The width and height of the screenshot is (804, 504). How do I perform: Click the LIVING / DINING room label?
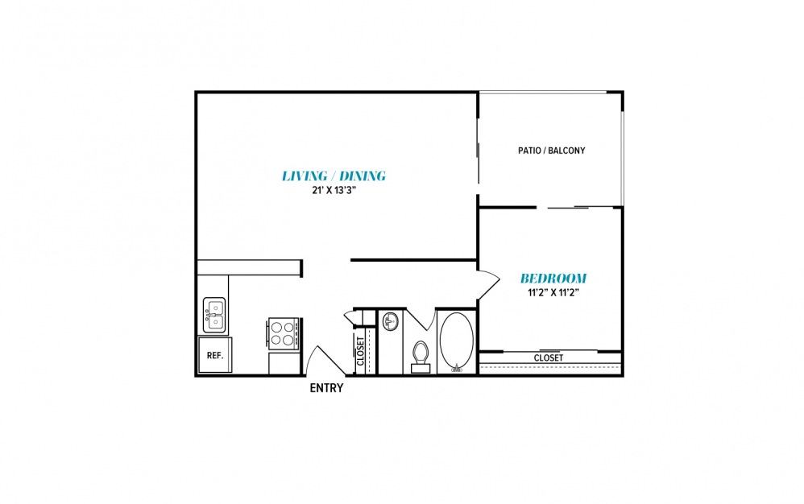(334, 176)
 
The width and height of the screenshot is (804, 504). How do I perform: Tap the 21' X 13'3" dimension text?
(334, 191)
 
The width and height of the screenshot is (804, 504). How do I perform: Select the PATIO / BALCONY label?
(551, 151)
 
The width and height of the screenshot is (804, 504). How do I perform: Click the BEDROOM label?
(553, 279)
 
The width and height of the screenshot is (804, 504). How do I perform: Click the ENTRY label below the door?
(326, 388)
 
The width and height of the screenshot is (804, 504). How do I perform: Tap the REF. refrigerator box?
(215, 355)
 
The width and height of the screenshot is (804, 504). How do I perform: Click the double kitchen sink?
(214, 315)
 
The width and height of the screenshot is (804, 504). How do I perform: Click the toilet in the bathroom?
(421, 357)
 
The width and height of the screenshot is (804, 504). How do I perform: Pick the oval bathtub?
(456, 341)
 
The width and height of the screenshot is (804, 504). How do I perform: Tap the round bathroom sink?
(392, 322)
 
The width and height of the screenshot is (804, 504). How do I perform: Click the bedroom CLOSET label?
(548, 358)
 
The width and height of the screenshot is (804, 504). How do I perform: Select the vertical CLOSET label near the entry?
(360, 351)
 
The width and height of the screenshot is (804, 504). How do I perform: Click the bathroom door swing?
(421, 320)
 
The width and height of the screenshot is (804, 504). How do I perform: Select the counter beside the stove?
(284, 363)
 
